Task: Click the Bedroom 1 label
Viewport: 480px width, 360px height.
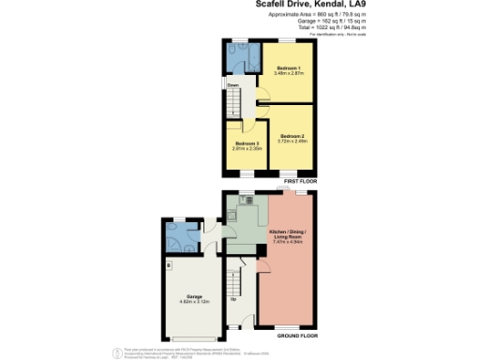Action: click(x=288, y=67)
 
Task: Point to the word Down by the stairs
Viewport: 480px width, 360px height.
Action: click(x=231, y=86)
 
